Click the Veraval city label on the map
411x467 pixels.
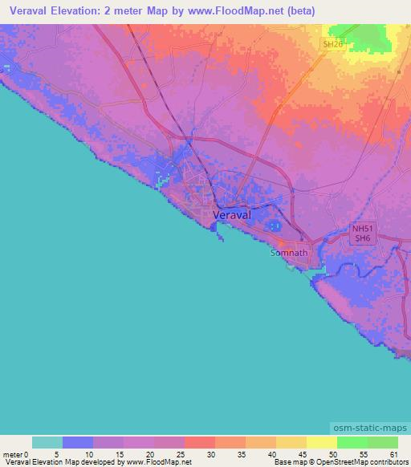pyautogui.click(x=232, y=216)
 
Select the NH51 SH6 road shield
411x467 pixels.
pyautogui.click(x=363, y=233)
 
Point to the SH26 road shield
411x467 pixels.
pyautogui.click(x=332, y=45)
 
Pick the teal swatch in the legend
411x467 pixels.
pyautogui.click(x=47, y=442)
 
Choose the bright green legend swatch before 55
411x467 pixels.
pyautogui.click(x=352, y=442)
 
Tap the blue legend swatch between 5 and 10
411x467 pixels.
pyautogui.click(x=78, y=442)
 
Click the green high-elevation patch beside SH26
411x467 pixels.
pyautogui.click(x=374, y=36)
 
